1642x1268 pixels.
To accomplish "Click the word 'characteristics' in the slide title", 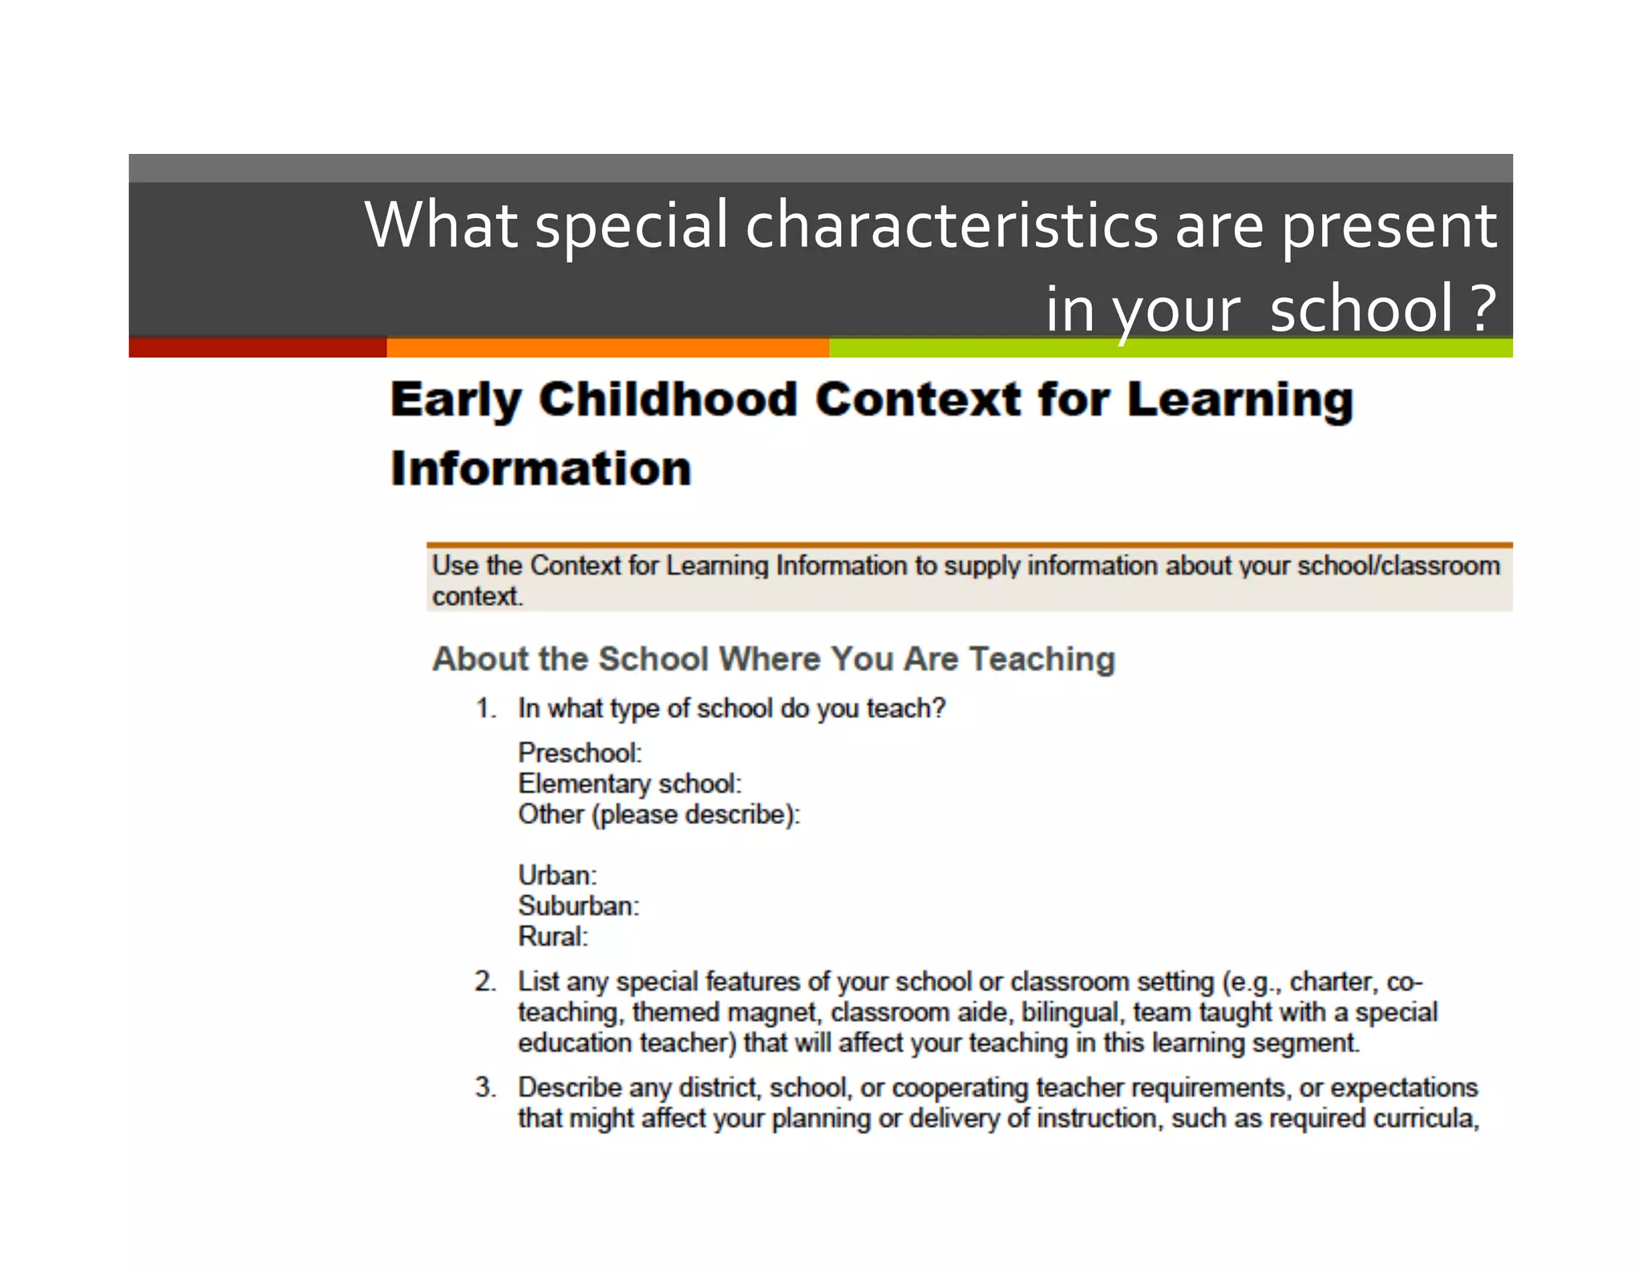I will click(x=952, y=225).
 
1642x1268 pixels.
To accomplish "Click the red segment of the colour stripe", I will click(x=257, y=347).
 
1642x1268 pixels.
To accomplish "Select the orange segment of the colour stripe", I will click(x=608, y=347).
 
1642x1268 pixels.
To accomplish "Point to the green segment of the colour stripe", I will click(x=1171, y=347).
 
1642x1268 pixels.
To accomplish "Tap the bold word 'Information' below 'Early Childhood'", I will click(x=541, y=468).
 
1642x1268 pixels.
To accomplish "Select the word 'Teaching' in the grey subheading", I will click(x=1041, y=659).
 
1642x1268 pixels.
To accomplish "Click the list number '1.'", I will click(x=486, y=709).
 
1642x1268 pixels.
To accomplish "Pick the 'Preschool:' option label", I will click(x=580, y=753).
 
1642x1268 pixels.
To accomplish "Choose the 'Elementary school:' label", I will click(x=629, y=783).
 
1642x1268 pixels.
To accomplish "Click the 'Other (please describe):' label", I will click(x=659, y=814).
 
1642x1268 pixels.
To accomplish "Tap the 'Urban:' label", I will click(x=557, y=874).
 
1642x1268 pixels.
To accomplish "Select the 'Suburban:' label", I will click(x=578, y=906).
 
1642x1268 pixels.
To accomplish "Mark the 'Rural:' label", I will click(x=552, y=936).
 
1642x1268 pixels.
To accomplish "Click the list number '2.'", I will click(x=486, y=981).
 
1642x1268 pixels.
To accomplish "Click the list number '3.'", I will click(x=486, y=1087).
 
